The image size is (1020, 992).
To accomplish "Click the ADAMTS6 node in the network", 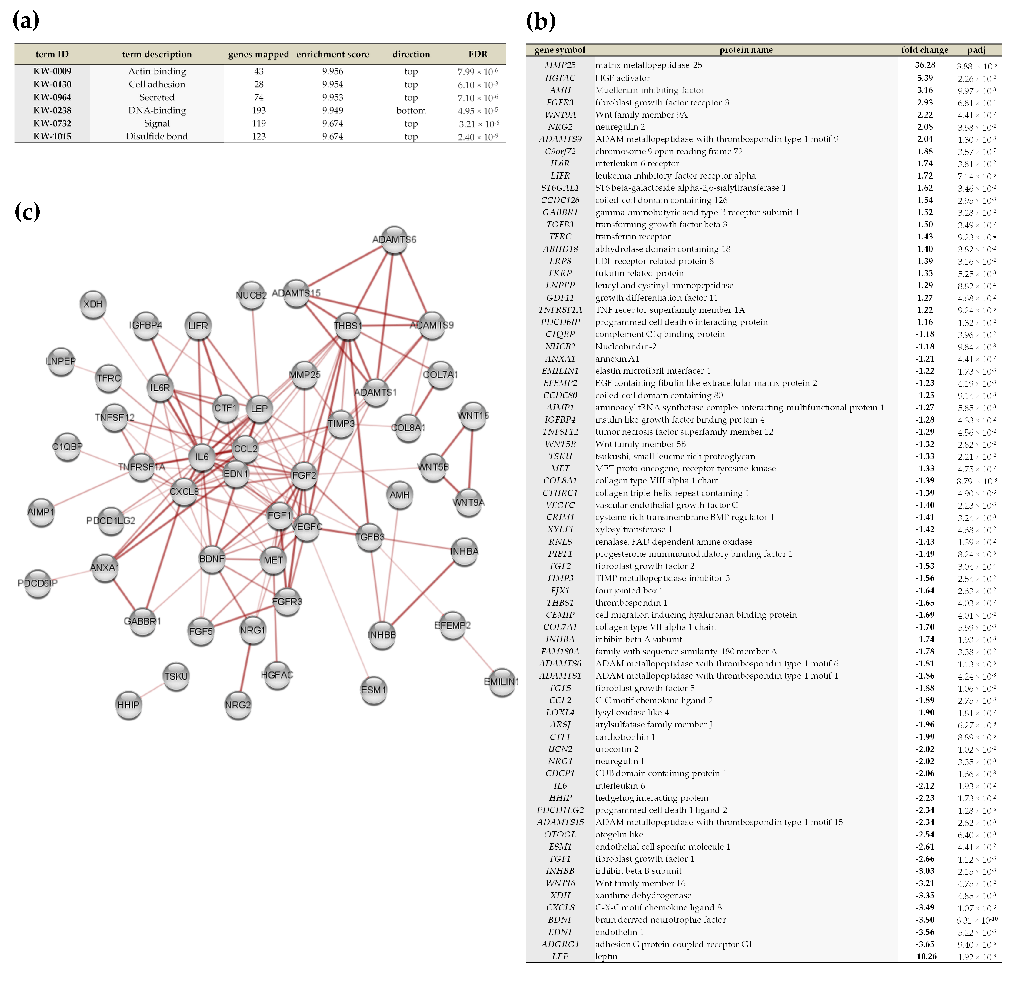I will [x=394, y=240].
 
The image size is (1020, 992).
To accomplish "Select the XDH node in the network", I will [x=93, y=304].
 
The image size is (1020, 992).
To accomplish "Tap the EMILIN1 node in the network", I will [x=502, y=682].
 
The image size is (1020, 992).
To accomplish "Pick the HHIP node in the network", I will [x=129, y=705].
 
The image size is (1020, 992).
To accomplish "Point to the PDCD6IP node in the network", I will [x=38, y=583].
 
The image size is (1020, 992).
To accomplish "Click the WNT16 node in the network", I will [x=473, y=416].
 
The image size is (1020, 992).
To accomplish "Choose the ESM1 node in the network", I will [x=374, y=690].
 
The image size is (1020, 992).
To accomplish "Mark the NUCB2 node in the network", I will [x=251, y=296].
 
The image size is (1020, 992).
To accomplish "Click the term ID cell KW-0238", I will [x=52, y=110].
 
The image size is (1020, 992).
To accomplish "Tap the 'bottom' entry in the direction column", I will [x=411, y=110].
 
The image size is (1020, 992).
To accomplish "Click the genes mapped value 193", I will [x=259, y=110].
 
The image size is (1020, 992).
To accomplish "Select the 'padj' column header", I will [x=976, y=50].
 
